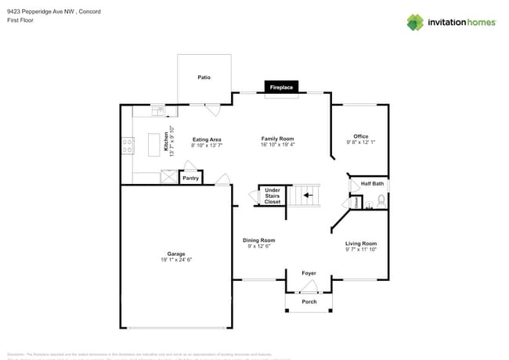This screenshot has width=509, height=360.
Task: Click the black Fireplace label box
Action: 281,88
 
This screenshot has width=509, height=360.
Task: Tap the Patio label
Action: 204,77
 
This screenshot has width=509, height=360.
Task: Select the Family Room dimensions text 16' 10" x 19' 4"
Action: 277,144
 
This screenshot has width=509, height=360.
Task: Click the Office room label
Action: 360,136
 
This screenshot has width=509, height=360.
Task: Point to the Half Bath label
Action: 372,184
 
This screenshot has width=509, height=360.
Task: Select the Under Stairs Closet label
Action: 272,196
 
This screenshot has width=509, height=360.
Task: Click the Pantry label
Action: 190,178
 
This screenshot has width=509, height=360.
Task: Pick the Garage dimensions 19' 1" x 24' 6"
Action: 176,259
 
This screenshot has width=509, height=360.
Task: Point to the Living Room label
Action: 361,243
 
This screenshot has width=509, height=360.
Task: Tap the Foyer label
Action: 309,273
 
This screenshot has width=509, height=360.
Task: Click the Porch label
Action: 309,301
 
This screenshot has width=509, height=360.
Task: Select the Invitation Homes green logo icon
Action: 415,22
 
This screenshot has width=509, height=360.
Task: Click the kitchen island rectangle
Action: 153,143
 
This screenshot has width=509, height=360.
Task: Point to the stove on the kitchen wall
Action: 127,144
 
